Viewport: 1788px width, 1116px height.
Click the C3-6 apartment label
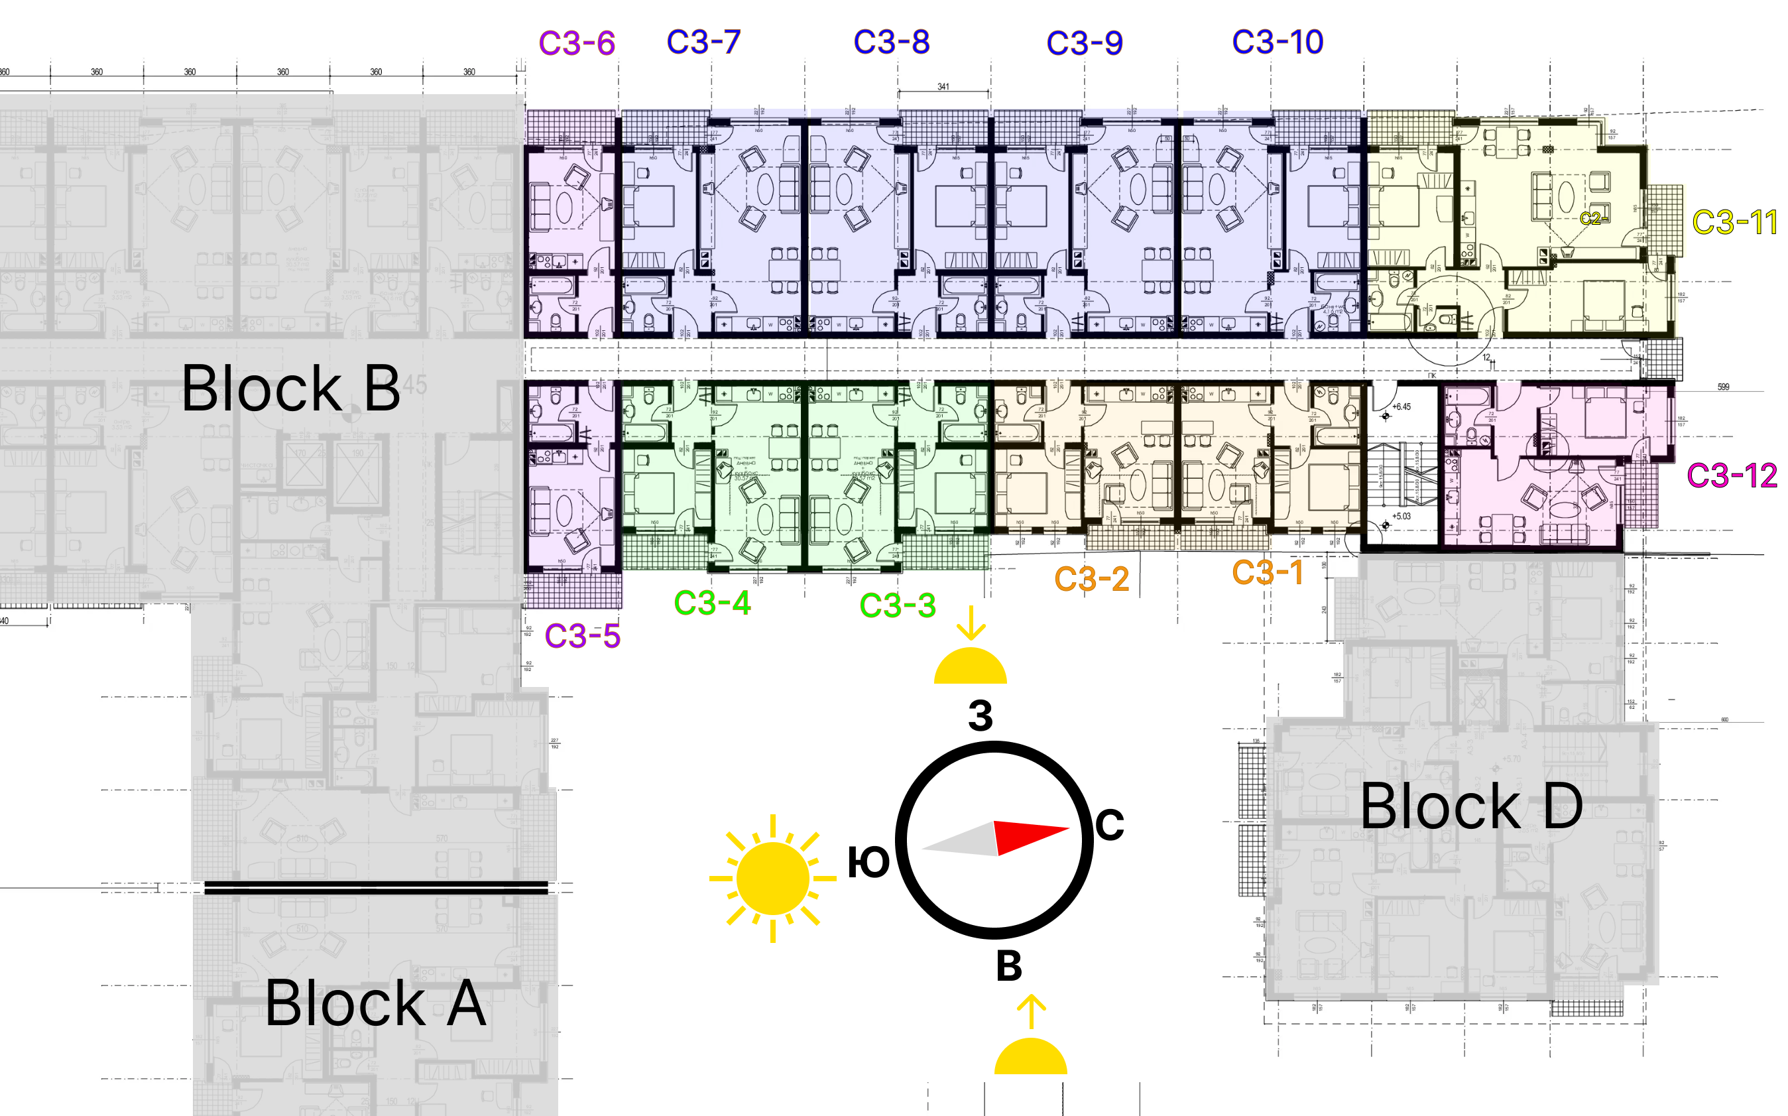(576, 43)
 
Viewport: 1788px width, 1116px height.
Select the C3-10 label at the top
(1278, 42)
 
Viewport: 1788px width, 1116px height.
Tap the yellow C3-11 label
(1734, 222)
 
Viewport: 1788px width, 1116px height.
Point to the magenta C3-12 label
(1731, 475)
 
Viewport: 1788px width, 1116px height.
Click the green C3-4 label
(712, 603)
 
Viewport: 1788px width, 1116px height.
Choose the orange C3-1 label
(1267, 572)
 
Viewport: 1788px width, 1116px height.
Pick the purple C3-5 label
(582, 635)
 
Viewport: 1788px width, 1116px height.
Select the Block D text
(1470, 807)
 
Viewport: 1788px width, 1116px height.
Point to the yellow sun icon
(772, 879)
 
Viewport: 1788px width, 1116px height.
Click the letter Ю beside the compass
(868, 862)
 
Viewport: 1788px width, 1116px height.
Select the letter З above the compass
(980, 715)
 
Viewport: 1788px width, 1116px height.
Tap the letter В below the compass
(1009, 965)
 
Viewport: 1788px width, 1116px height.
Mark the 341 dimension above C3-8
(943, 86)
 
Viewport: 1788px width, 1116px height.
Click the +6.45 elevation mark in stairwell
(1401, 406)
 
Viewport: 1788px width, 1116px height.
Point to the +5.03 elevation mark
(1401, 516)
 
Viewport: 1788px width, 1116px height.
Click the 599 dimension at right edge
(1723, 387)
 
